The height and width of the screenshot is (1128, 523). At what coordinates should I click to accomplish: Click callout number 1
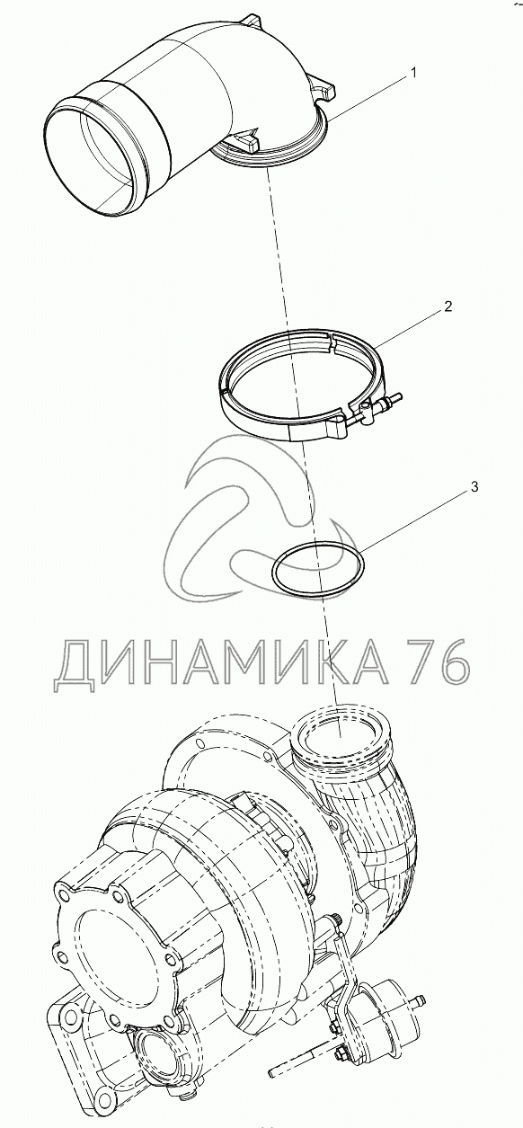tap(413, 73)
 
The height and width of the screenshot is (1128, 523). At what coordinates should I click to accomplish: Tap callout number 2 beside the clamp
tap(448, 306)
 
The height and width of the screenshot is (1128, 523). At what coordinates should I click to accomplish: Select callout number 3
tap(474, 487)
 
